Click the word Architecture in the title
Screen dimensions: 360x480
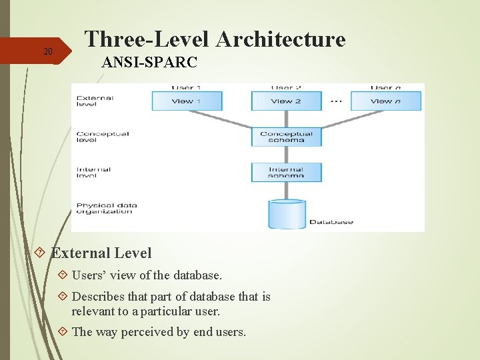point(281,39)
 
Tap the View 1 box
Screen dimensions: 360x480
point(187,101)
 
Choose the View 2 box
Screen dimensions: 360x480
point(286,101)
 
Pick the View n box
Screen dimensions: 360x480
point(386,101)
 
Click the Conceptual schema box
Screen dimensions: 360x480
point(286,137)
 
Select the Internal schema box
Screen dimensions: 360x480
point(286,172)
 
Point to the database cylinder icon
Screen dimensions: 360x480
point(287,213)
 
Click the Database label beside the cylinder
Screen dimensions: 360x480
point(331,222)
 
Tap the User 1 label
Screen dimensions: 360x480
point(187,87)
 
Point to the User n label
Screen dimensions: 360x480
point(386,87)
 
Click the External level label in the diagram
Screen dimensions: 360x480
point(95,101)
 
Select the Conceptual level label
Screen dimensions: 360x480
point(102,137)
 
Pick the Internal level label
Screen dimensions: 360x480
point(93,172)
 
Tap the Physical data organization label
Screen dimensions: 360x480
point(104,208)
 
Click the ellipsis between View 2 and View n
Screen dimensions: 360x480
point(336,101)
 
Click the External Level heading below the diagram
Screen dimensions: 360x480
point(101,253)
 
